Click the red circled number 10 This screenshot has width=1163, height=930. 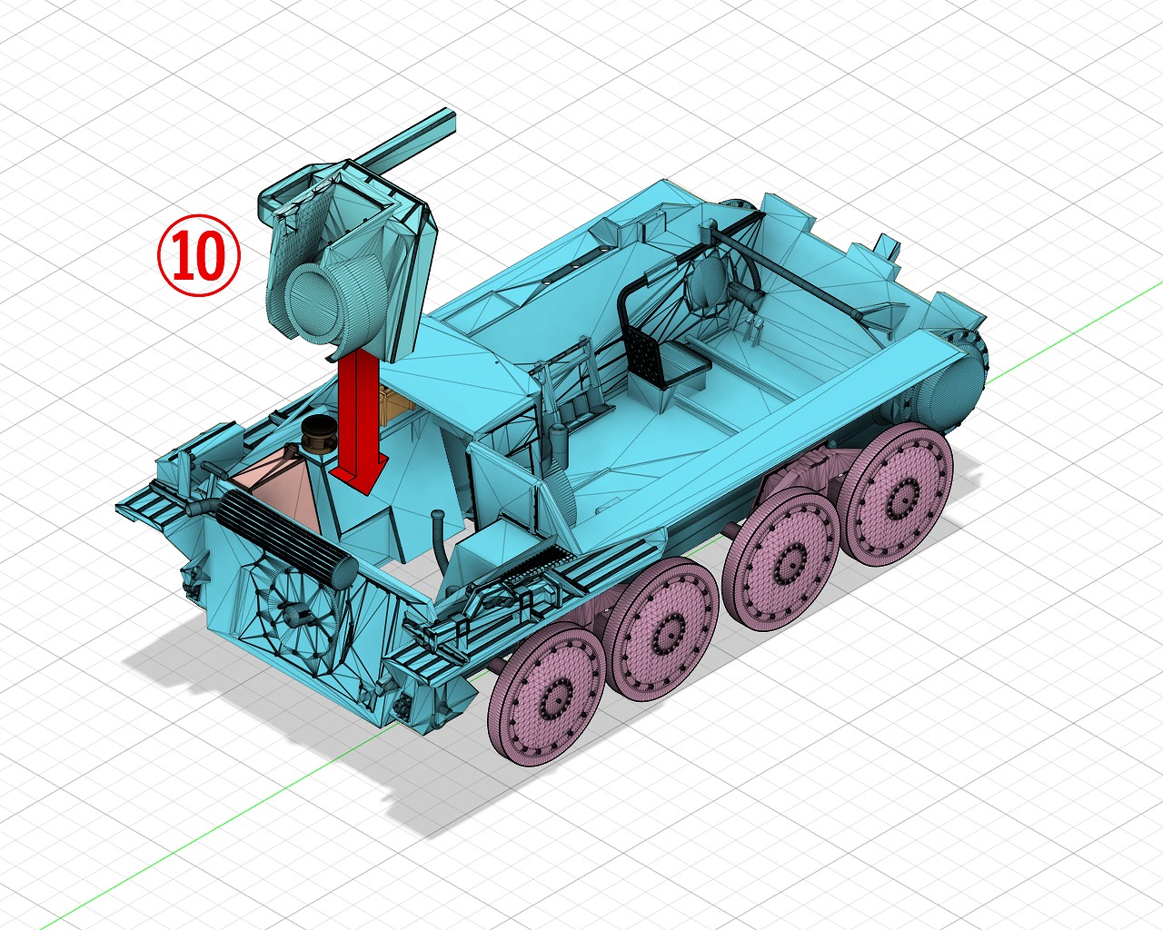pyautogui.click(x=198, y=255)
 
